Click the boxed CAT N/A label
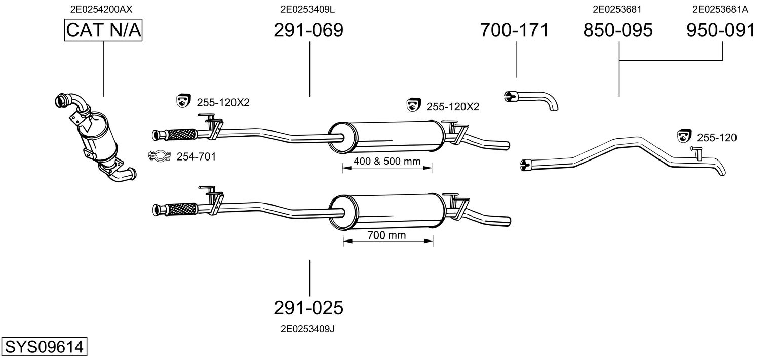tap(104, 30)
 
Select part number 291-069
tap(308, 30)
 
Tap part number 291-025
tap(308, 307)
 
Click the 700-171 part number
tap(515, 30)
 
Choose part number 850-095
tap(618, 30)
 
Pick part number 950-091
tap(721, 30)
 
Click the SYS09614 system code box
tap(44, 347)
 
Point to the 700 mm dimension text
tap(387, 235)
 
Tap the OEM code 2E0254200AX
tap(101, 9)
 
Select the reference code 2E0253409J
tap(307, 329)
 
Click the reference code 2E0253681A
tap(720, 9)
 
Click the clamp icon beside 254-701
tap(159, 156)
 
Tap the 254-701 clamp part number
tap(196, 157)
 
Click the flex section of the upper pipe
tap(181, 135)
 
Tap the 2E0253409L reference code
tap(307, 9)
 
